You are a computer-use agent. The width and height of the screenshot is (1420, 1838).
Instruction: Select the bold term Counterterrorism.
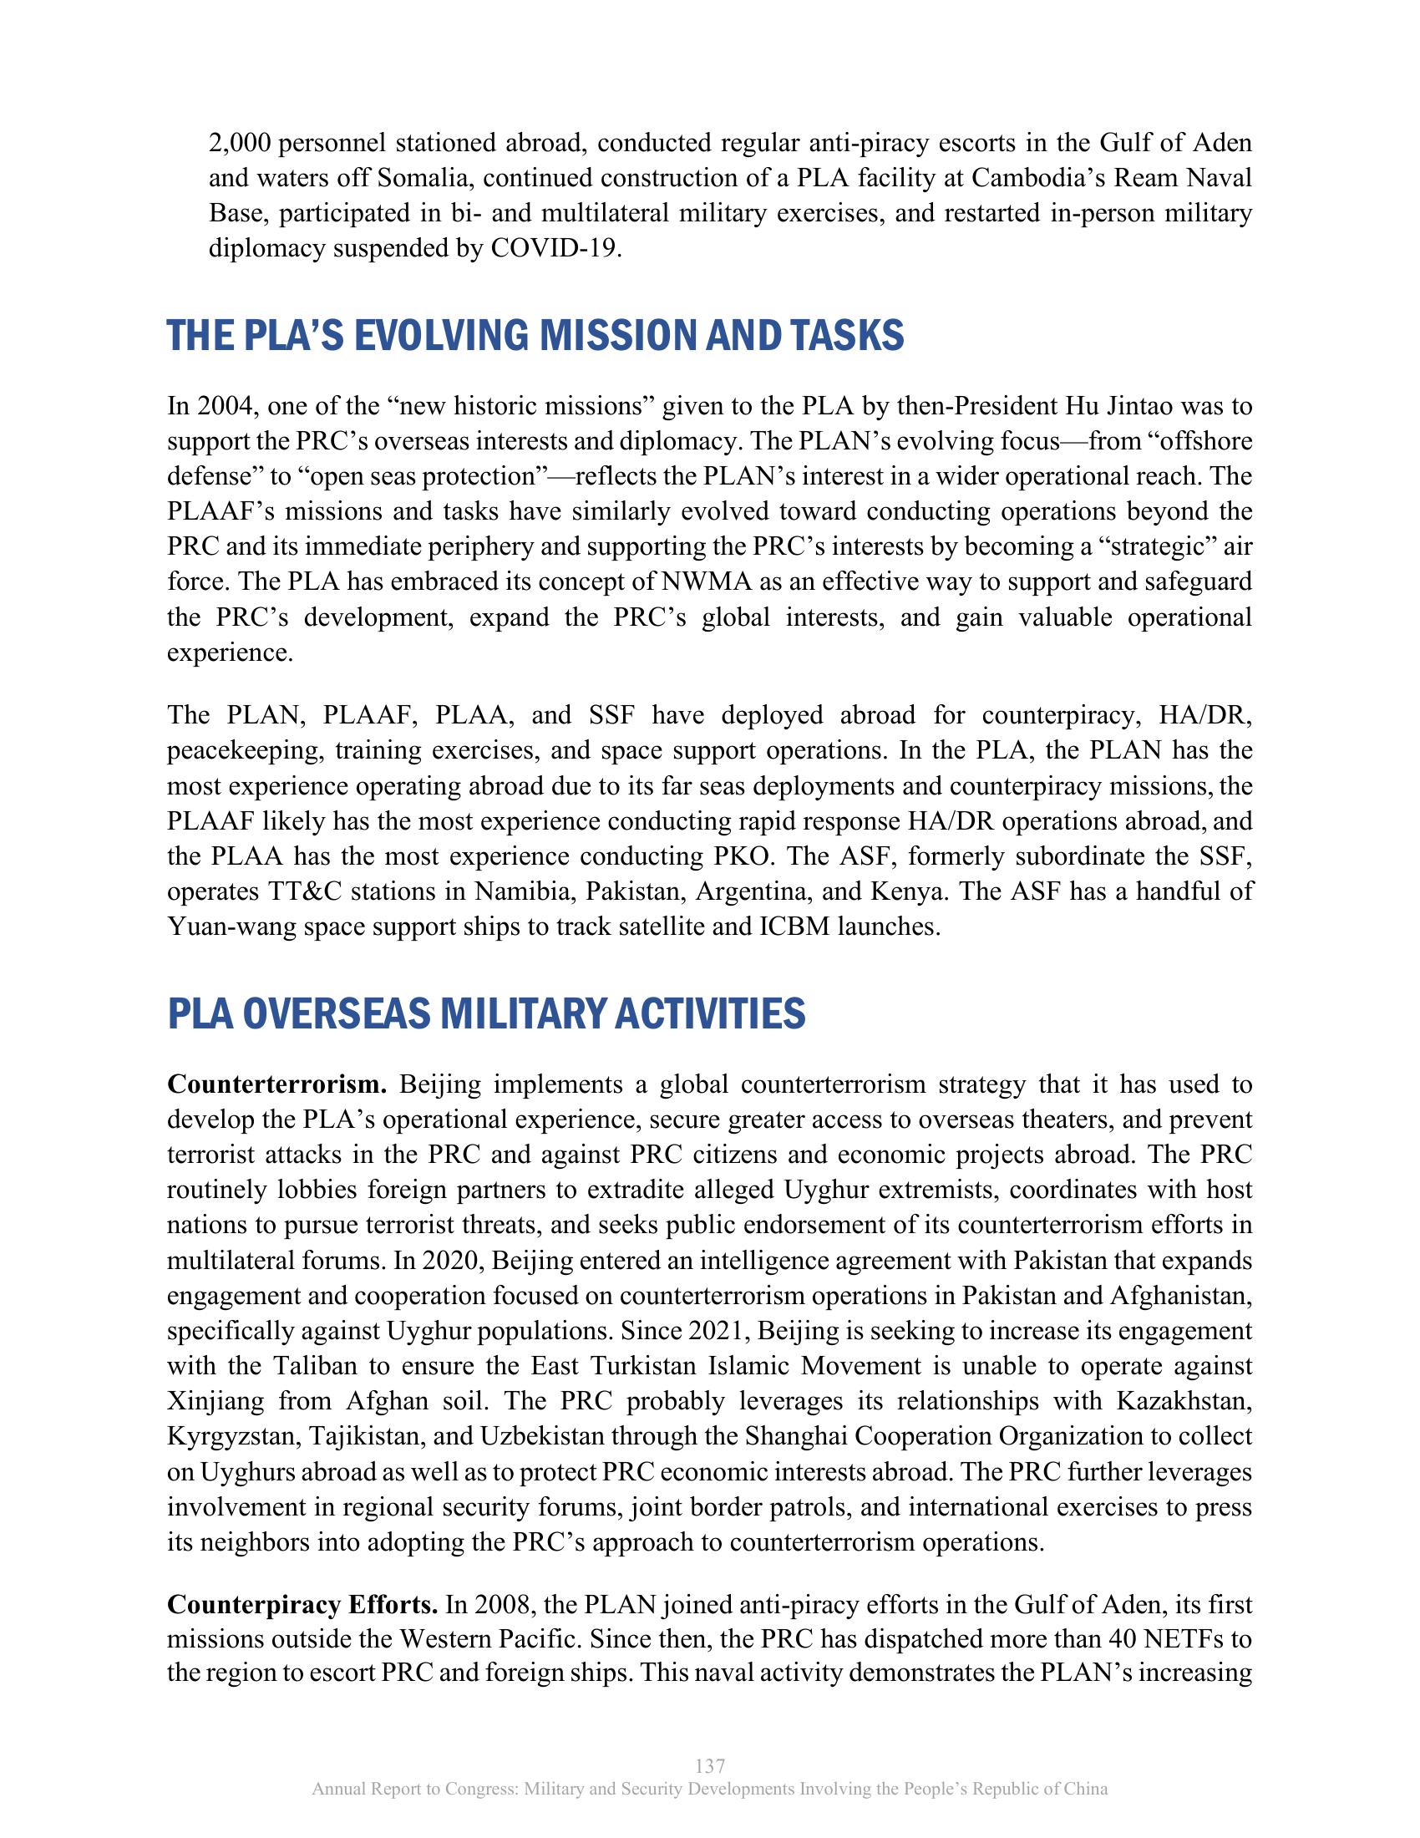tap(276, 1084)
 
